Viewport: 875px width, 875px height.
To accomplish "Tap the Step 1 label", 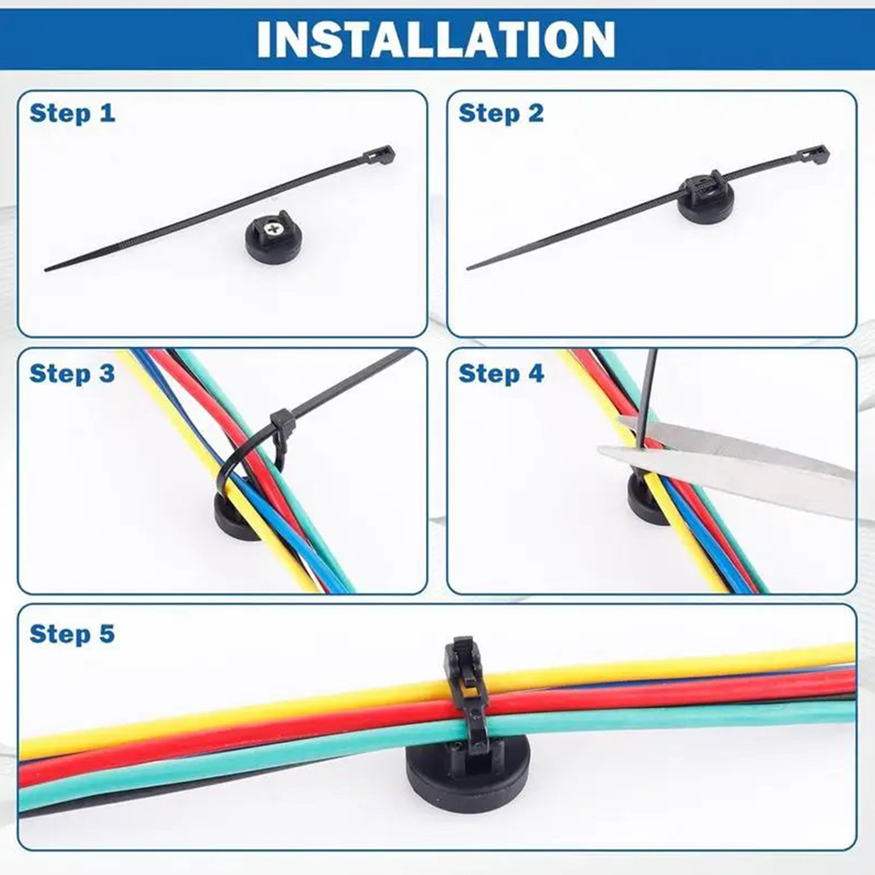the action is (72, 113).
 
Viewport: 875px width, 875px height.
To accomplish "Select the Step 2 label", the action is (501, 113).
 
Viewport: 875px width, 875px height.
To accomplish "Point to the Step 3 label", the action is (72, 374).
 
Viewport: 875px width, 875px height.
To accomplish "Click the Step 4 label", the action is (501, 374).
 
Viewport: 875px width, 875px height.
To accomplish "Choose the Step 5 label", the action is (72, 634).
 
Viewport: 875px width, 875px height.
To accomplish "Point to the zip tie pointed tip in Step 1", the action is (46, 269).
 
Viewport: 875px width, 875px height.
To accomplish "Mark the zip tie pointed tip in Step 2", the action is (469, 268).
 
